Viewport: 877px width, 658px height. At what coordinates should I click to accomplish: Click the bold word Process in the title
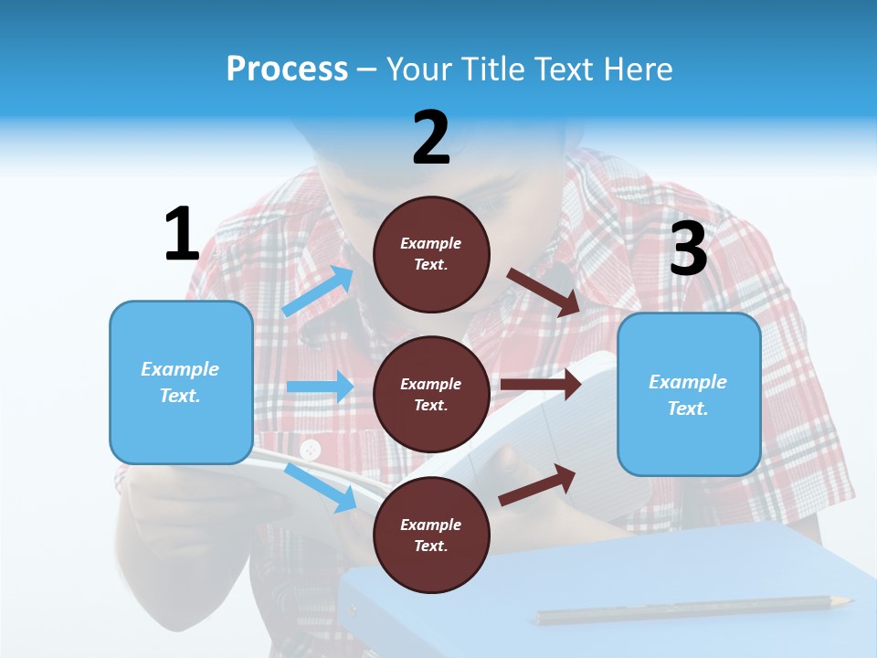pyautogui.click(x=287, y=69)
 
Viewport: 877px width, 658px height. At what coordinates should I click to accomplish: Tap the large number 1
pyautogui.click(x=182, y=235)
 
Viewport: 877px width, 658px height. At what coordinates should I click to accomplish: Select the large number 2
pyautogui.click(x=431, y=138)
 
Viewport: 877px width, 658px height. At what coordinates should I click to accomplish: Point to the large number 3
pyautogui.click(x=688, y=249)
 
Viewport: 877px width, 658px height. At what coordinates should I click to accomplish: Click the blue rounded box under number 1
pyautogui.click(x=181, y=382)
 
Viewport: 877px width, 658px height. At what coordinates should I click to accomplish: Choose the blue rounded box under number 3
pyautogui.click(x=689, y=394)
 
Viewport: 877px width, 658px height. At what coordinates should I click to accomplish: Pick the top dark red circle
pyautogui.click(x=431, y=254)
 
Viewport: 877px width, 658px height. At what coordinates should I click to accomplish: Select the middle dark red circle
pyautogui.click(x=431, y=394)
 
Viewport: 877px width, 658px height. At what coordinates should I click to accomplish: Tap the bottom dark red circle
pyautogui.click(x=431, y=535)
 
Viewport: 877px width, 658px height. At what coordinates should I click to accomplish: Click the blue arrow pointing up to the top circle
pyautogui.click(x=318, y=291)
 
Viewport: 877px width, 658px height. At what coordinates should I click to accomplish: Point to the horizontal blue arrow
pyautogui.click(x=319, y=387)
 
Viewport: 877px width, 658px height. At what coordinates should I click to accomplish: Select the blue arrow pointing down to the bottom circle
pyautogui.click(x=321, y=487)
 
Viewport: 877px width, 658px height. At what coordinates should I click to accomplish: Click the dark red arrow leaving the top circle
pyautogui.click(x=544, y=292)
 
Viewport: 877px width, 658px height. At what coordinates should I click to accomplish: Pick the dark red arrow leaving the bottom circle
pyautogui.click(x=537, y=484)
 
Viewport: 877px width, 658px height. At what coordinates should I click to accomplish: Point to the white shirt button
pyautogui.click(x=311, y=450)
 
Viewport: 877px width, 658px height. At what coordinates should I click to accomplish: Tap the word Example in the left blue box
pyautogui.click(x=180, y=369)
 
